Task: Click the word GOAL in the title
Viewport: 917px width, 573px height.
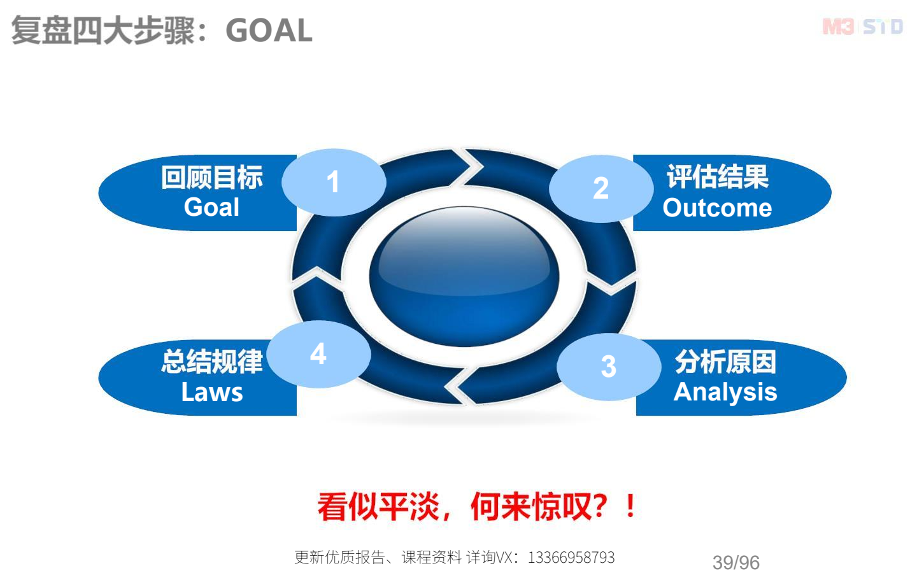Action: [269, 31]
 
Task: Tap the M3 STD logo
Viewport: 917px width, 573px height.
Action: [862, 27]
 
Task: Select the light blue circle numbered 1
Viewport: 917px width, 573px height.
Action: [334, 182]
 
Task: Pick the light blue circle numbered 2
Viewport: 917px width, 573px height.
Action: [601, 188]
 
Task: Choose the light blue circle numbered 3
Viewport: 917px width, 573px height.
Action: [609, 366]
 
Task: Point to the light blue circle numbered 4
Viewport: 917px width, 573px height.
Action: [318, 354]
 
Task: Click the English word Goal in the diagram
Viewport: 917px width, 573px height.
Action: [211, 207]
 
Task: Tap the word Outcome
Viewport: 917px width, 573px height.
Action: [717, 208]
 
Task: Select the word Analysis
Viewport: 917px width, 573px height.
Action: [725, 392]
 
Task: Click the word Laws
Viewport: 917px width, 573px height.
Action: [212, 392]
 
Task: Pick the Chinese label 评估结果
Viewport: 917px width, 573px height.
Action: [718, 176]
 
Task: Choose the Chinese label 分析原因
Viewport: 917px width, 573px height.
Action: [725, 362]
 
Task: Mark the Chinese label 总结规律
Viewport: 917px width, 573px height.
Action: [212, 362]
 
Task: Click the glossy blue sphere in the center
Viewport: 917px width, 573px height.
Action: [464, 277]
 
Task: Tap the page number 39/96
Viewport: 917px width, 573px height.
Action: [736, 562]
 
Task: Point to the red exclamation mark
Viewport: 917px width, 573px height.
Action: [630, 506]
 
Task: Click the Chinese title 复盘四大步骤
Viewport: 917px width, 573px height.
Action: [103, 31]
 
